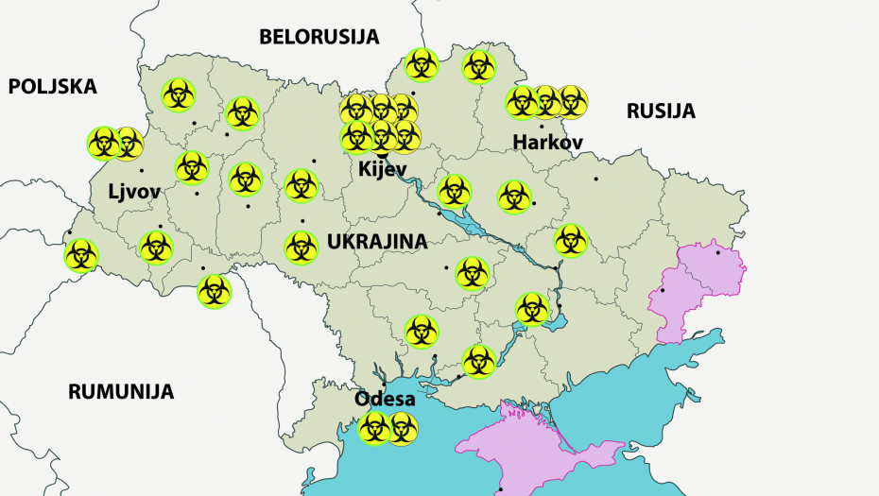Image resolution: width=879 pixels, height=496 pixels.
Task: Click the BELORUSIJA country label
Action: [x=319, y=37]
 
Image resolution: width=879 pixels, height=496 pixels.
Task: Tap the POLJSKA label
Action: [x=53, y=87]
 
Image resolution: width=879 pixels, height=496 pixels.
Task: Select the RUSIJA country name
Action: [x=661, y=111]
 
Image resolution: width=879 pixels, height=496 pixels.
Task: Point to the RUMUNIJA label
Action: [x=121, y=391]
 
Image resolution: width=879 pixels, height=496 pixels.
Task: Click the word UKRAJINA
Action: [x=377, y=242]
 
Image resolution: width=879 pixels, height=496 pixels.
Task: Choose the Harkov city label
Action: [x=547, y=143]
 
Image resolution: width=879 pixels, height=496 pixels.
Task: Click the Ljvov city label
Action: [x=133, y=193]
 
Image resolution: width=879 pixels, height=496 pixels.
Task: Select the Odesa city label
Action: [x=385, y=399]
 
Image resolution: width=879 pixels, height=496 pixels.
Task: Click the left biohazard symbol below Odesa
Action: [x=374, y=429]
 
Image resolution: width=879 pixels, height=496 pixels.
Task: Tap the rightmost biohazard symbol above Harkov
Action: [x=571, y=101]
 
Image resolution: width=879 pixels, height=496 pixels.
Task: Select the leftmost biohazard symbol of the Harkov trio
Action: [x=522, y=102]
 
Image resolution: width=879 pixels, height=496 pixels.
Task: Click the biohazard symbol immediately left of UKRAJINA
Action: [x=302, y=247]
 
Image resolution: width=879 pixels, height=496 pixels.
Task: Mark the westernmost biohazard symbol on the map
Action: [x=80, y=254]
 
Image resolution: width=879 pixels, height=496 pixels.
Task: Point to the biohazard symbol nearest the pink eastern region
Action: [x=571, y=240]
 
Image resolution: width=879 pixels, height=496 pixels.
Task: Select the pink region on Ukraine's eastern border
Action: [x=695, y=283]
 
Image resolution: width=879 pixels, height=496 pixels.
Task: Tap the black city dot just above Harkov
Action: [x=542, y=126]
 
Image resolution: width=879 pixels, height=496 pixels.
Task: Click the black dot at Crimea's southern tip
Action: [x=501, y=487]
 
